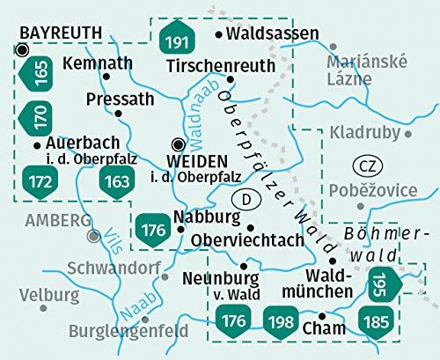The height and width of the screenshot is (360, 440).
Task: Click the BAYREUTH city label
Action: click(61, 33)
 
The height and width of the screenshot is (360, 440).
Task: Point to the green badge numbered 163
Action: click(116, 183)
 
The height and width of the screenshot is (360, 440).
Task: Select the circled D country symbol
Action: click(250, 201)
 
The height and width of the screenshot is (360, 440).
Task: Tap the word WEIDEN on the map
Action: click(196, 161)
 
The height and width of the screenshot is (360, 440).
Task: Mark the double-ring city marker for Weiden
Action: click(179, 144)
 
